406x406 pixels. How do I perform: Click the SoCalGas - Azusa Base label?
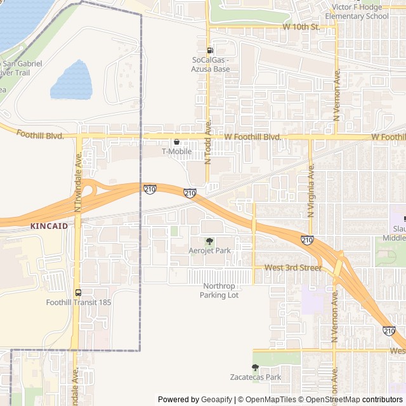(x=211, y=64)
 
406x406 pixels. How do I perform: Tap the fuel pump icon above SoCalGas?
(x=210, y=50)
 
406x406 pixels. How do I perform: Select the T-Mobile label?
(x=176, y=152)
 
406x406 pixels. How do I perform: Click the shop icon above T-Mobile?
(x=176, y=141)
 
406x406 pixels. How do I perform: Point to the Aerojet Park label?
(x=210, y=251)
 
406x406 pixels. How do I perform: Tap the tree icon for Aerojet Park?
(x=210, y=241)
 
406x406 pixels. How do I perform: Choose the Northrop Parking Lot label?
(x=220, y=291)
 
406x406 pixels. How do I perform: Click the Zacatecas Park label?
(x=255, y=377)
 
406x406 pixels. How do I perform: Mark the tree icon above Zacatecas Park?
(x=255, y=367)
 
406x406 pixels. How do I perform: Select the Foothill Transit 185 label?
(x=78, y=303)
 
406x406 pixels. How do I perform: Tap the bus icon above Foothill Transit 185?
(x=78, y=292)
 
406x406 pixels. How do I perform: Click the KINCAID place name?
(x=48, y=225)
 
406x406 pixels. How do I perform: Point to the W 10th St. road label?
(x=301, y=27)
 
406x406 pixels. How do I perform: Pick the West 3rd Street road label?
(x=293, y=268)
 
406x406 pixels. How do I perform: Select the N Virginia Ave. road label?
(x=311, y=190)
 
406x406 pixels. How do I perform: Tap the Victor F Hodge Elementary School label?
(x=357, y=11)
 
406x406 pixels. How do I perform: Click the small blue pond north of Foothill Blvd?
(x=71, y=81)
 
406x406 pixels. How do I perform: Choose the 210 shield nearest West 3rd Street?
(x=307, y=240)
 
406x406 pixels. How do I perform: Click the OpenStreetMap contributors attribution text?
(x=356, y=400)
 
